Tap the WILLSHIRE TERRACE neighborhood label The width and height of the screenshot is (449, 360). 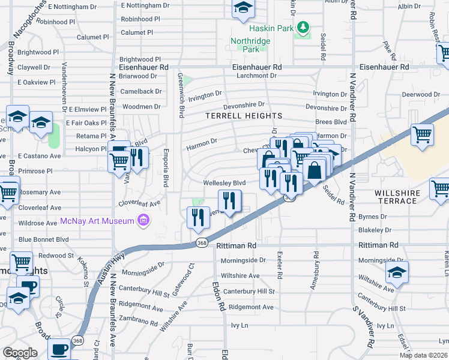(396, 196)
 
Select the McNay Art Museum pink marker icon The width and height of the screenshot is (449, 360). (143, 221)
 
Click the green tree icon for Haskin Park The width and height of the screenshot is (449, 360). (303, 27)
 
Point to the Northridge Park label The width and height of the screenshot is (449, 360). (250, 45)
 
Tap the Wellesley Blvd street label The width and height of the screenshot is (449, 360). (224, 183)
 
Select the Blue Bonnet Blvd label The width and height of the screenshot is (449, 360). (43, 239)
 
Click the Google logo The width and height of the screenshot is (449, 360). (20, 353)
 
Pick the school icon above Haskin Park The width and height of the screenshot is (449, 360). (243, 8)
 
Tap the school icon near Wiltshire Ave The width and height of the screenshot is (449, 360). (397, 274)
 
